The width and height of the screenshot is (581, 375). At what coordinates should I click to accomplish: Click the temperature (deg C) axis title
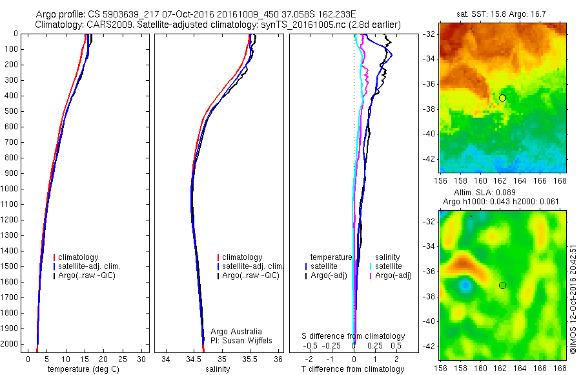[84, 369]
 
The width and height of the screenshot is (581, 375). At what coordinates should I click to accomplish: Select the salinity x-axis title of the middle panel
[216, 369]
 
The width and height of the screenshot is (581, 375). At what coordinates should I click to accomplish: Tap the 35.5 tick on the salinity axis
[250, 359]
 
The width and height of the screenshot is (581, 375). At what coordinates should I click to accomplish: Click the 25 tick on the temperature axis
[123, 359]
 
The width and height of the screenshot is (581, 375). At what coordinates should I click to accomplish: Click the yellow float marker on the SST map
[502, 98]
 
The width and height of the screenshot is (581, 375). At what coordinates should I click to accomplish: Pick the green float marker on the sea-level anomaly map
[502, 285]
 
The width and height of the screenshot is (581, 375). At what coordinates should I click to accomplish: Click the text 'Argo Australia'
[236, 331]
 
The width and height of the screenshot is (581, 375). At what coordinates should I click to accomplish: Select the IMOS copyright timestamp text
[573, 299]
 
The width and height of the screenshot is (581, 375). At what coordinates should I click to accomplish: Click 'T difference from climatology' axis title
[353, 369]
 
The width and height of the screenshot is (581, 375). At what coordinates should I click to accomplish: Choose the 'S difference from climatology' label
[353, 336]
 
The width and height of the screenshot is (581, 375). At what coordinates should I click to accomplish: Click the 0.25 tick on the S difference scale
[374, 346]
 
